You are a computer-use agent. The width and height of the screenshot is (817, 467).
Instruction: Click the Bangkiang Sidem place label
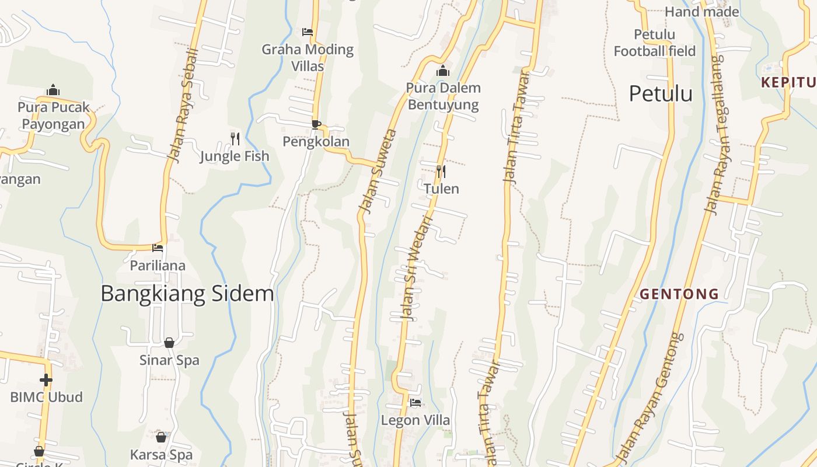[x=187, y=293]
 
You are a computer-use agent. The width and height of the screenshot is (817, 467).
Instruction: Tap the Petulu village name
[x=661, y=93]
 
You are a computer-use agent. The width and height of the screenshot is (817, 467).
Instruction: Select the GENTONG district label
[x=679, y=294]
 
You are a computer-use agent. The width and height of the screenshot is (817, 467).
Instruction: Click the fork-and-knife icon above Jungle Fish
[x=235, y=138]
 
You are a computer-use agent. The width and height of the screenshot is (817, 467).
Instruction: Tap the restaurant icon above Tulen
[x=441, y=171]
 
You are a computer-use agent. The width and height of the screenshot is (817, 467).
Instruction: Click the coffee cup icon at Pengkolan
[x=316, y=124]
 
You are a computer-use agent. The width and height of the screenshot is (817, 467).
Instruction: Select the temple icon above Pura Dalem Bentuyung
[x=443, y=71]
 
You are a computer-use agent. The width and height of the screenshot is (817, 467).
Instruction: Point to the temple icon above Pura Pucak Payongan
[x=53, y=90]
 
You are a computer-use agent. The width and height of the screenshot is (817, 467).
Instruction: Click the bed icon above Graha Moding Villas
[x=308, y=32]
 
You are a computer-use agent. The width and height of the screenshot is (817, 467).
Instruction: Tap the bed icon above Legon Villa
[x=415, y=403]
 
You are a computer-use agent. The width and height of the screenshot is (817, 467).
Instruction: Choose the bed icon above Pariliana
[x=158, y=248]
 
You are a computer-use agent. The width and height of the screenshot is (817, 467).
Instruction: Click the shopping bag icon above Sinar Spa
[x=169, y=343]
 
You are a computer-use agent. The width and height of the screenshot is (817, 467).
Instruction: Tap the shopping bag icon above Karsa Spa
[x=161, y=437]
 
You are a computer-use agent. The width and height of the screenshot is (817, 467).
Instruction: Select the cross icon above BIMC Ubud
[x=46, y=380]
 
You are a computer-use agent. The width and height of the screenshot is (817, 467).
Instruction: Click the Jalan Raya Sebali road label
[x=183, y=105]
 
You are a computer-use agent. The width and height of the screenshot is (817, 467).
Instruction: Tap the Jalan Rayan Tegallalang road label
[x=714, y=134]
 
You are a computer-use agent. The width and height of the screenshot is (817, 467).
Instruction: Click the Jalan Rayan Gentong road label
[x=649, y=397]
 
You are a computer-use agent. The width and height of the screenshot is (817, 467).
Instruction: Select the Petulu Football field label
[x=655, y=43]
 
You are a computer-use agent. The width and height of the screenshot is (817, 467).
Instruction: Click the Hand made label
[x=702, y=12]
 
